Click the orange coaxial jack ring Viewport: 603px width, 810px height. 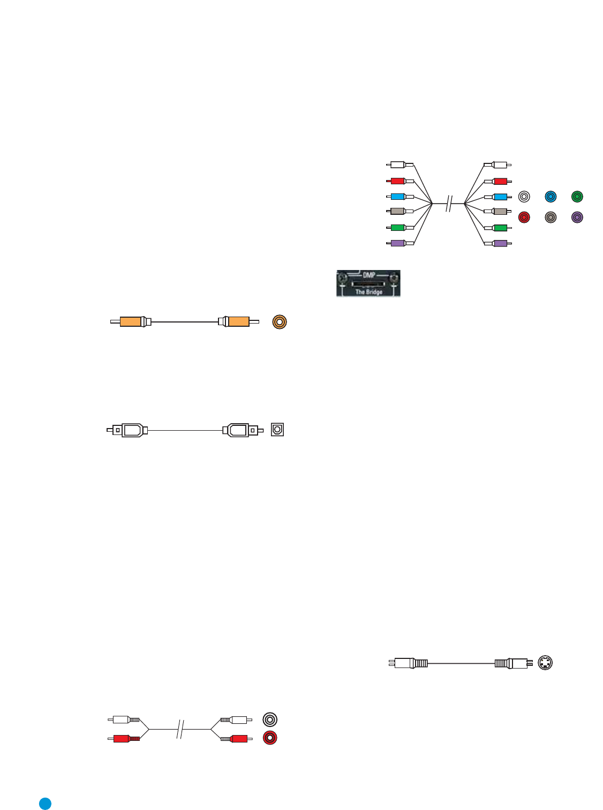[x=280, y=322]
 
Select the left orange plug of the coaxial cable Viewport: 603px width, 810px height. [x=131, y=322]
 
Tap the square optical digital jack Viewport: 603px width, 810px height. [x=277, y=430]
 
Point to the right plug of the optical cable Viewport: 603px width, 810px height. [x=239, y=430]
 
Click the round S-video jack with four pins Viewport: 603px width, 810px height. [x=545, y=663]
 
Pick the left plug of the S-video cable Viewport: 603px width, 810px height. [x=408, y=663]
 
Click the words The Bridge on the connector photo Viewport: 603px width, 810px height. [x=369, y=292]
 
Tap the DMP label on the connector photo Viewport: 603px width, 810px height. [x=369, y=275]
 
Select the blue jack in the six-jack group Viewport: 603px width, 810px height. [x=551, y=197]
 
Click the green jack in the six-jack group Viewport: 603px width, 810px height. [x=577, y=197]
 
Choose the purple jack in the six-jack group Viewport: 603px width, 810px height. [x=577, y=217]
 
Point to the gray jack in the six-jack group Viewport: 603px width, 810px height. [x=551, y=217]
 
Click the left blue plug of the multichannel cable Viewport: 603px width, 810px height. [x=398, y=197]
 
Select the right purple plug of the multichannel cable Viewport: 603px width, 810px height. [x=500, y=243]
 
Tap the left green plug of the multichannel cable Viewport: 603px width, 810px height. [x=398, y=228]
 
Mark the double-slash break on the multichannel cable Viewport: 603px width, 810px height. [x=449, y=204]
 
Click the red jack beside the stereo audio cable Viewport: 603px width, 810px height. [x=270, y=738]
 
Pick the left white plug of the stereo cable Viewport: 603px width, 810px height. [x=122, y=719]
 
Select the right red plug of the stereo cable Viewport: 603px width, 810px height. [x=239, y=739]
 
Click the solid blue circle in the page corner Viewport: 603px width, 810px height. [x=46, y=803]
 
